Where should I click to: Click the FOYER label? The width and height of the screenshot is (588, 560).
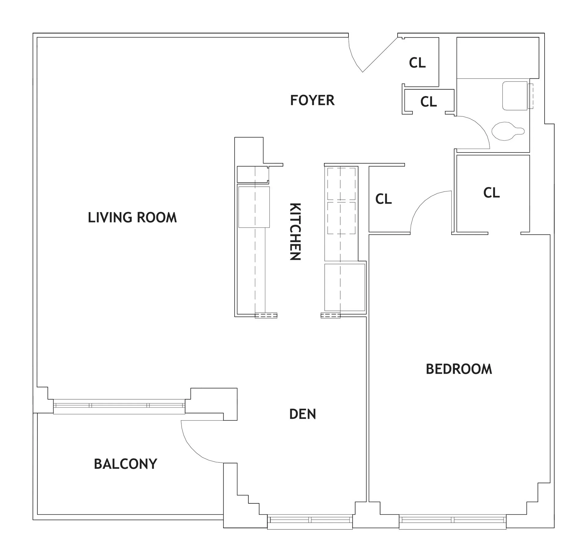312,100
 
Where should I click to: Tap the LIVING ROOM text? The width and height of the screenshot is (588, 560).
132,218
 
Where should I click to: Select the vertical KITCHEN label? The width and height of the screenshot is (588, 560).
295,231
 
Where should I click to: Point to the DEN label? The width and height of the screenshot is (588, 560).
302,414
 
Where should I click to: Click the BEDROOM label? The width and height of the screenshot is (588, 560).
459,369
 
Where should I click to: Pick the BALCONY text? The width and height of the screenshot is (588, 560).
125,464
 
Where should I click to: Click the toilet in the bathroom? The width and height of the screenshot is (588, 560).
507,131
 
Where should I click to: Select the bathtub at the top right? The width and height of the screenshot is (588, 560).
498,58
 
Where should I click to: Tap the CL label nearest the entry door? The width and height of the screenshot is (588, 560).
417,63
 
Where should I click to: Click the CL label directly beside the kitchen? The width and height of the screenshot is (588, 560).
383,199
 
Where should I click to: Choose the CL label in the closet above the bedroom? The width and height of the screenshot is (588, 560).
491,193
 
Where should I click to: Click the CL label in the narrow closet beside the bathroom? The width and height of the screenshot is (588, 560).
428,102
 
